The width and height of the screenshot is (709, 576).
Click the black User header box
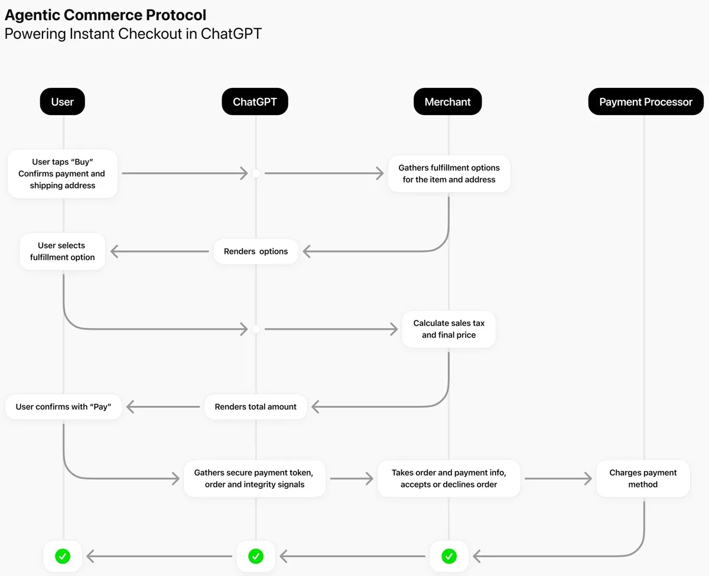click(62, 102)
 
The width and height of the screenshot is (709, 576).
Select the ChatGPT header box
click(255, 102)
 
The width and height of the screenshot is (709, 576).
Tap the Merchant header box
click(447, 102)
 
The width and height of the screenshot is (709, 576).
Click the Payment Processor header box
click(645, 102)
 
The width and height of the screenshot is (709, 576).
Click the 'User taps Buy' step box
click(63, 174)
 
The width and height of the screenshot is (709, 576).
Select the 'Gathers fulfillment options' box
click(449, 174)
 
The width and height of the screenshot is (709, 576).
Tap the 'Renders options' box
click(256, 251)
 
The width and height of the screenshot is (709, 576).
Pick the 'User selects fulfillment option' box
click(62, 251)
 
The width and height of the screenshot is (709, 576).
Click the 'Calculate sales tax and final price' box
click(448, 329)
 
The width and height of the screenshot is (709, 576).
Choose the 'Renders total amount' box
click(256, 407)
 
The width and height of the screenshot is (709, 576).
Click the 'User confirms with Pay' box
click(63, 407)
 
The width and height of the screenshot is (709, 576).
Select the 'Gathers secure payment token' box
click(254, 479)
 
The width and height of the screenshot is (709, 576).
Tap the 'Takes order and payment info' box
click(448, 479)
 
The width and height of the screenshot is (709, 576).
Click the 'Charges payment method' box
click(643, 479)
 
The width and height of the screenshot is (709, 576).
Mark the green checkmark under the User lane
click(63, 556)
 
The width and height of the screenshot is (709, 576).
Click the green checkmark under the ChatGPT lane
click(256, 556)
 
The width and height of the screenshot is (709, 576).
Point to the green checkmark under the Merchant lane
click(449, 556)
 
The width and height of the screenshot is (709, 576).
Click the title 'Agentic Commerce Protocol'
click(106, 15)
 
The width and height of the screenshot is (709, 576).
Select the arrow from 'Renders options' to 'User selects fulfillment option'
click(160, 251)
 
